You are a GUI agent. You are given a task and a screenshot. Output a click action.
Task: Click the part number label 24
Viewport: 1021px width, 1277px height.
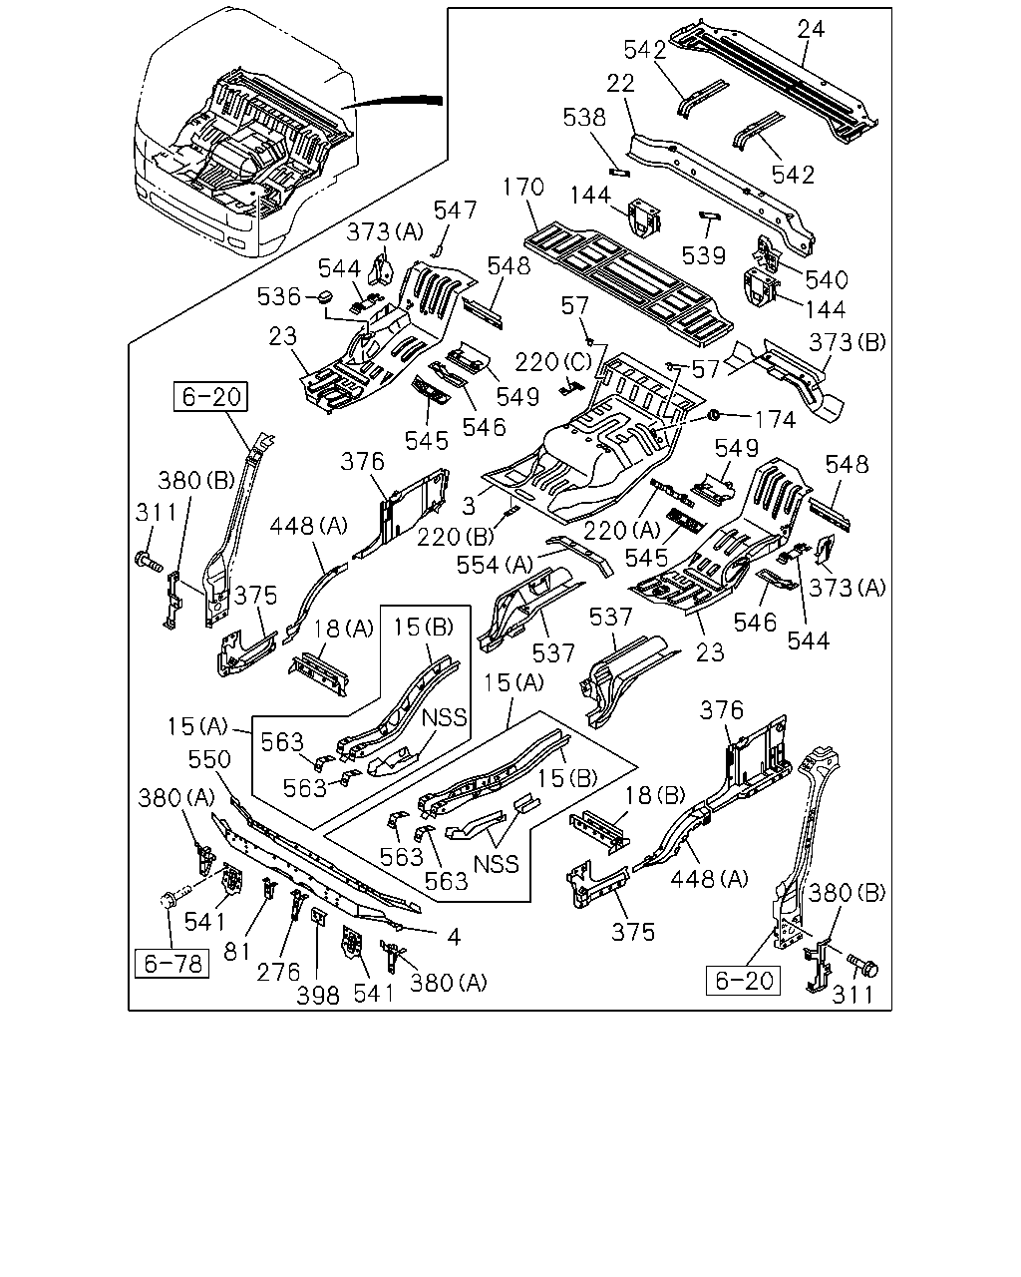pos(811,29)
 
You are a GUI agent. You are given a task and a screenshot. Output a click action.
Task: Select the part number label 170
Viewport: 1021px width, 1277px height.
pos(523,187)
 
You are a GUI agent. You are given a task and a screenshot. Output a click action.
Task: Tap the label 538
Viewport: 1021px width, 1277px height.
pos(584,118)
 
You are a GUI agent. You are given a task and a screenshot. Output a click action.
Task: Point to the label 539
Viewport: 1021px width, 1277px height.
pos(704,255)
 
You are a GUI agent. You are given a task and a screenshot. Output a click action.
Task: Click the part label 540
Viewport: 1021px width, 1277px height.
pos(827,279)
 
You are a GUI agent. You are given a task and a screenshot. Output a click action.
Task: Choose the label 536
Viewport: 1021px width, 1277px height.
pos(279,296)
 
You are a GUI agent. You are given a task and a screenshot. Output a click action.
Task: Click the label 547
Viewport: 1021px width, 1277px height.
pos(455,211)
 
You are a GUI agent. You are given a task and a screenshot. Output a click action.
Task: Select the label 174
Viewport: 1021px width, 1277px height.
pos(775,420)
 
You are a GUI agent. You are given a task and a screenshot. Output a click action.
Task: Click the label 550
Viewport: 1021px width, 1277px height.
pos(209,759)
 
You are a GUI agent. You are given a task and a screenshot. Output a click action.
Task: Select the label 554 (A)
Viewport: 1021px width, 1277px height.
pos(496,565)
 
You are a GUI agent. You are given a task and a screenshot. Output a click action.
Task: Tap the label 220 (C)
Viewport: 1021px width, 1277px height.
pos(553,362)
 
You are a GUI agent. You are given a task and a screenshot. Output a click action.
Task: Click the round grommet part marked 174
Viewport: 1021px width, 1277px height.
pos(714,415)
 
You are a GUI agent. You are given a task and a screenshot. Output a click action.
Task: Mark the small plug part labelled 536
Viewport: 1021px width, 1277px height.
pos(325,296)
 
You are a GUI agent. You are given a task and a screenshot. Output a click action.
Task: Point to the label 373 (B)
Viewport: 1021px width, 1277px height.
pos(848,342)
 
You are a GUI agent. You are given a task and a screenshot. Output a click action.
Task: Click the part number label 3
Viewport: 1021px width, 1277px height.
pos(469,506)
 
